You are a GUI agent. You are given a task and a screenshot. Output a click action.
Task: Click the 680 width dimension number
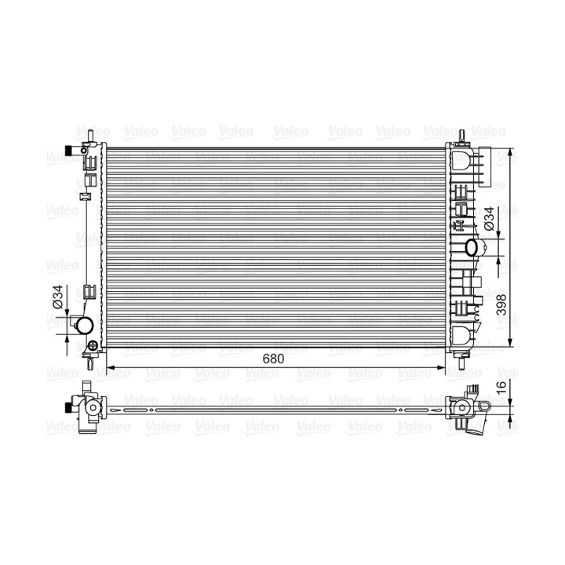click(x=273, y=359)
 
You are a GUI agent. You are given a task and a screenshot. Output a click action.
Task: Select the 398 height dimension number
click(x=501, y=304)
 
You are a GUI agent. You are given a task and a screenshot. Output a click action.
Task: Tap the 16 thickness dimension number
click(x=501, y=386)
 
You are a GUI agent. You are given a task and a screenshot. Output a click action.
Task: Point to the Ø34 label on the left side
click(x=57, y=297)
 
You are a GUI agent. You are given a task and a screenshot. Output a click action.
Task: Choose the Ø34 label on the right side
click(x=489, y=219)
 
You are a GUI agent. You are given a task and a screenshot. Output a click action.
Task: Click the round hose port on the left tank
click(x=86, y=326)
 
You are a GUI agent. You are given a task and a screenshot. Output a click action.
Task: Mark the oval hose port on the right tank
click(x=472, y=247)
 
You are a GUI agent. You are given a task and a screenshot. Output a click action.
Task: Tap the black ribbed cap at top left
click(x=67, y=150)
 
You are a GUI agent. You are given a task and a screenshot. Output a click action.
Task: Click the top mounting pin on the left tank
click(x=91, y=136)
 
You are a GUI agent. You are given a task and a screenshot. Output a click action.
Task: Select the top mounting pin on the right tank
click(x=462, y=137)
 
